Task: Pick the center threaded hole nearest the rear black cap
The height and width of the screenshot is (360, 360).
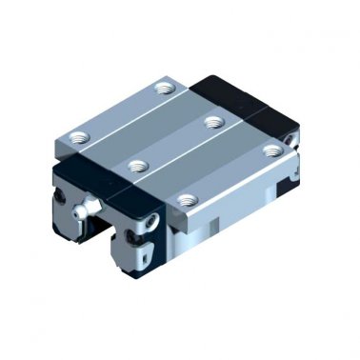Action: pyautogui.click(x=215, y=121)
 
